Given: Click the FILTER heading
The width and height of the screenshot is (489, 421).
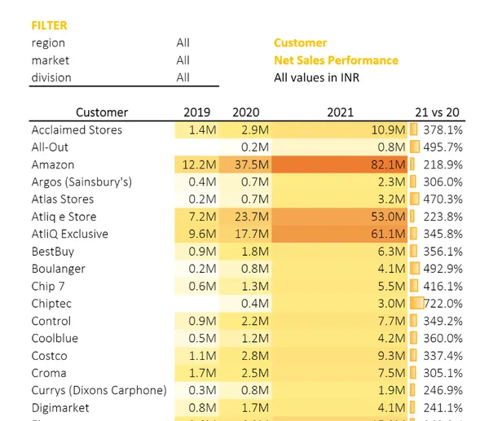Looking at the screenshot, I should (49, 26).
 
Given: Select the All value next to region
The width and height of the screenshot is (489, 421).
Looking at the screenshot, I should (183, 43).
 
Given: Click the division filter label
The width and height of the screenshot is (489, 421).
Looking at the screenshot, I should (51, 77).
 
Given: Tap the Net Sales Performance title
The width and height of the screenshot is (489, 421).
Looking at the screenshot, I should (336, 60).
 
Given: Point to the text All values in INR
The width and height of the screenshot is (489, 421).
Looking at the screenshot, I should (316, 77).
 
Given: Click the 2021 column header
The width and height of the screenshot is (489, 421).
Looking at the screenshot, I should (340, 112).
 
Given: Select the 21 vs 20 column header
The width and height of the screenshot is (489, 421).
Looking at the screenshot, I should (438, 112).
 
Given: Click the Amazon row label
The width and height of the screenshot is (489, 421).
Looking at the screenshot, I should (53, 164).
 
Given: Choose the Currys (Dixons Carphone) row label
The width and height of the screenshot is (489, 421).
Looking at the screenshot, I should (99, 390).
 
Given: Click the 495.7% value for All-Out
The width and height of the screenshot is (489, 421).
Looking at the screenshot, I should (443, 147).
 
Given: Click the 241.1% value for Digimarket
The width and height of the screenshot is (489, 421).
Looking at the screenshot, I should (443, 408).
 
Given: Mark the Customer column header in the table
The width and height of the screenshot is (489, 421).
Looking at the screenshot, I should (102, 112).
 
